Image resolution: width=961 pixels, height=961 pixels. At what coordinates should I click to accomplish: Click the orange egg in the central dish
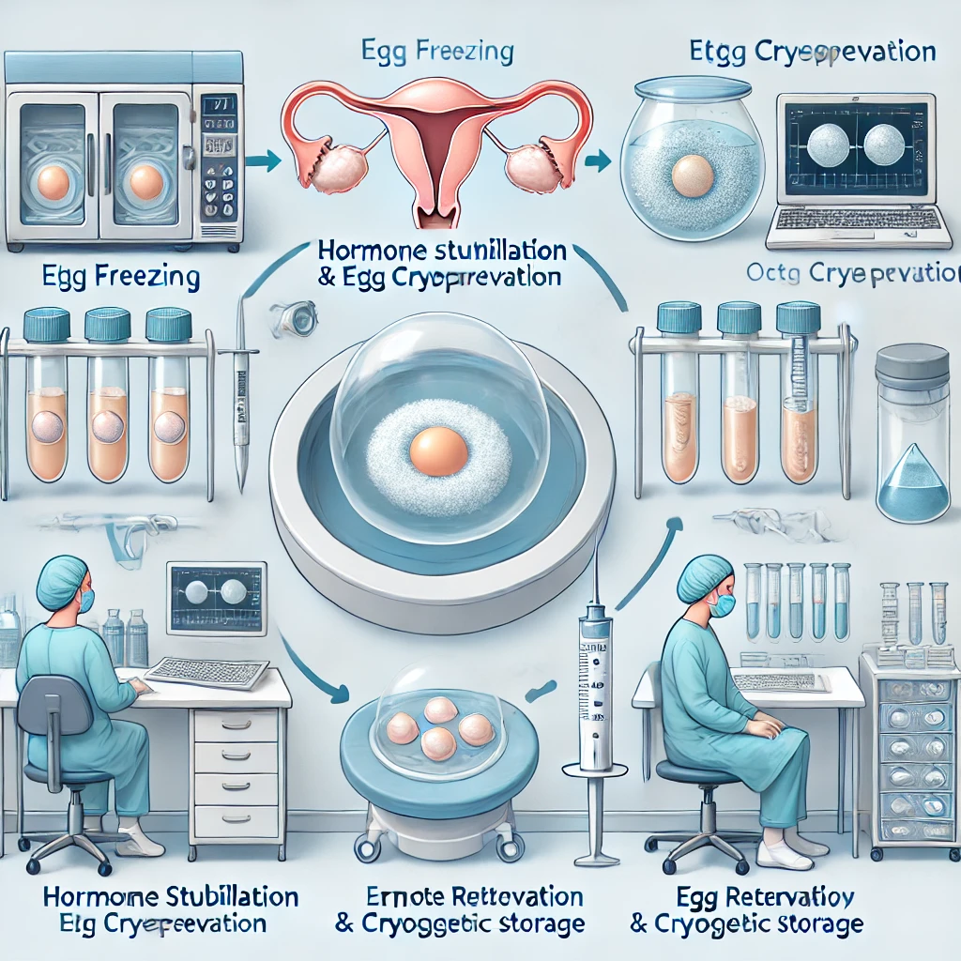pyautogui.click(x=438, y=451)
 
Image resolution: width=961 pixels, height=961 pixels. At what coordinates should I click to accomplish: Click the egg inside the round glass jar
pyautogui.click(x=693, y=175)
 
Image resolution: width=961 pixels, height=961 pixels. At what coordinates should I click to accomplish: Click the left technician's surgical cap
pyautogui.click(x=62, y=579)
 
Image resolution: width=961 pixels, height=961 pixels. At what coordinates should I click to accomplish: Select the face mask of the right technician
pyautogui.click(x=721, y=606)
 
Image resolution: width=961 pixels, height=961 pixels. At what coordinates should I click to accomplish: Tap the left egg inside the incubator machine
pyautogui.click(x=53, y=183)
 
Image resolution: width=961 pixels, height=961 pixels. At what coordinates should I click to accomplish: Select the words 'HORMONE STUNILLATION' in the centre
pyautogui.click(x=441, y=252)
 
